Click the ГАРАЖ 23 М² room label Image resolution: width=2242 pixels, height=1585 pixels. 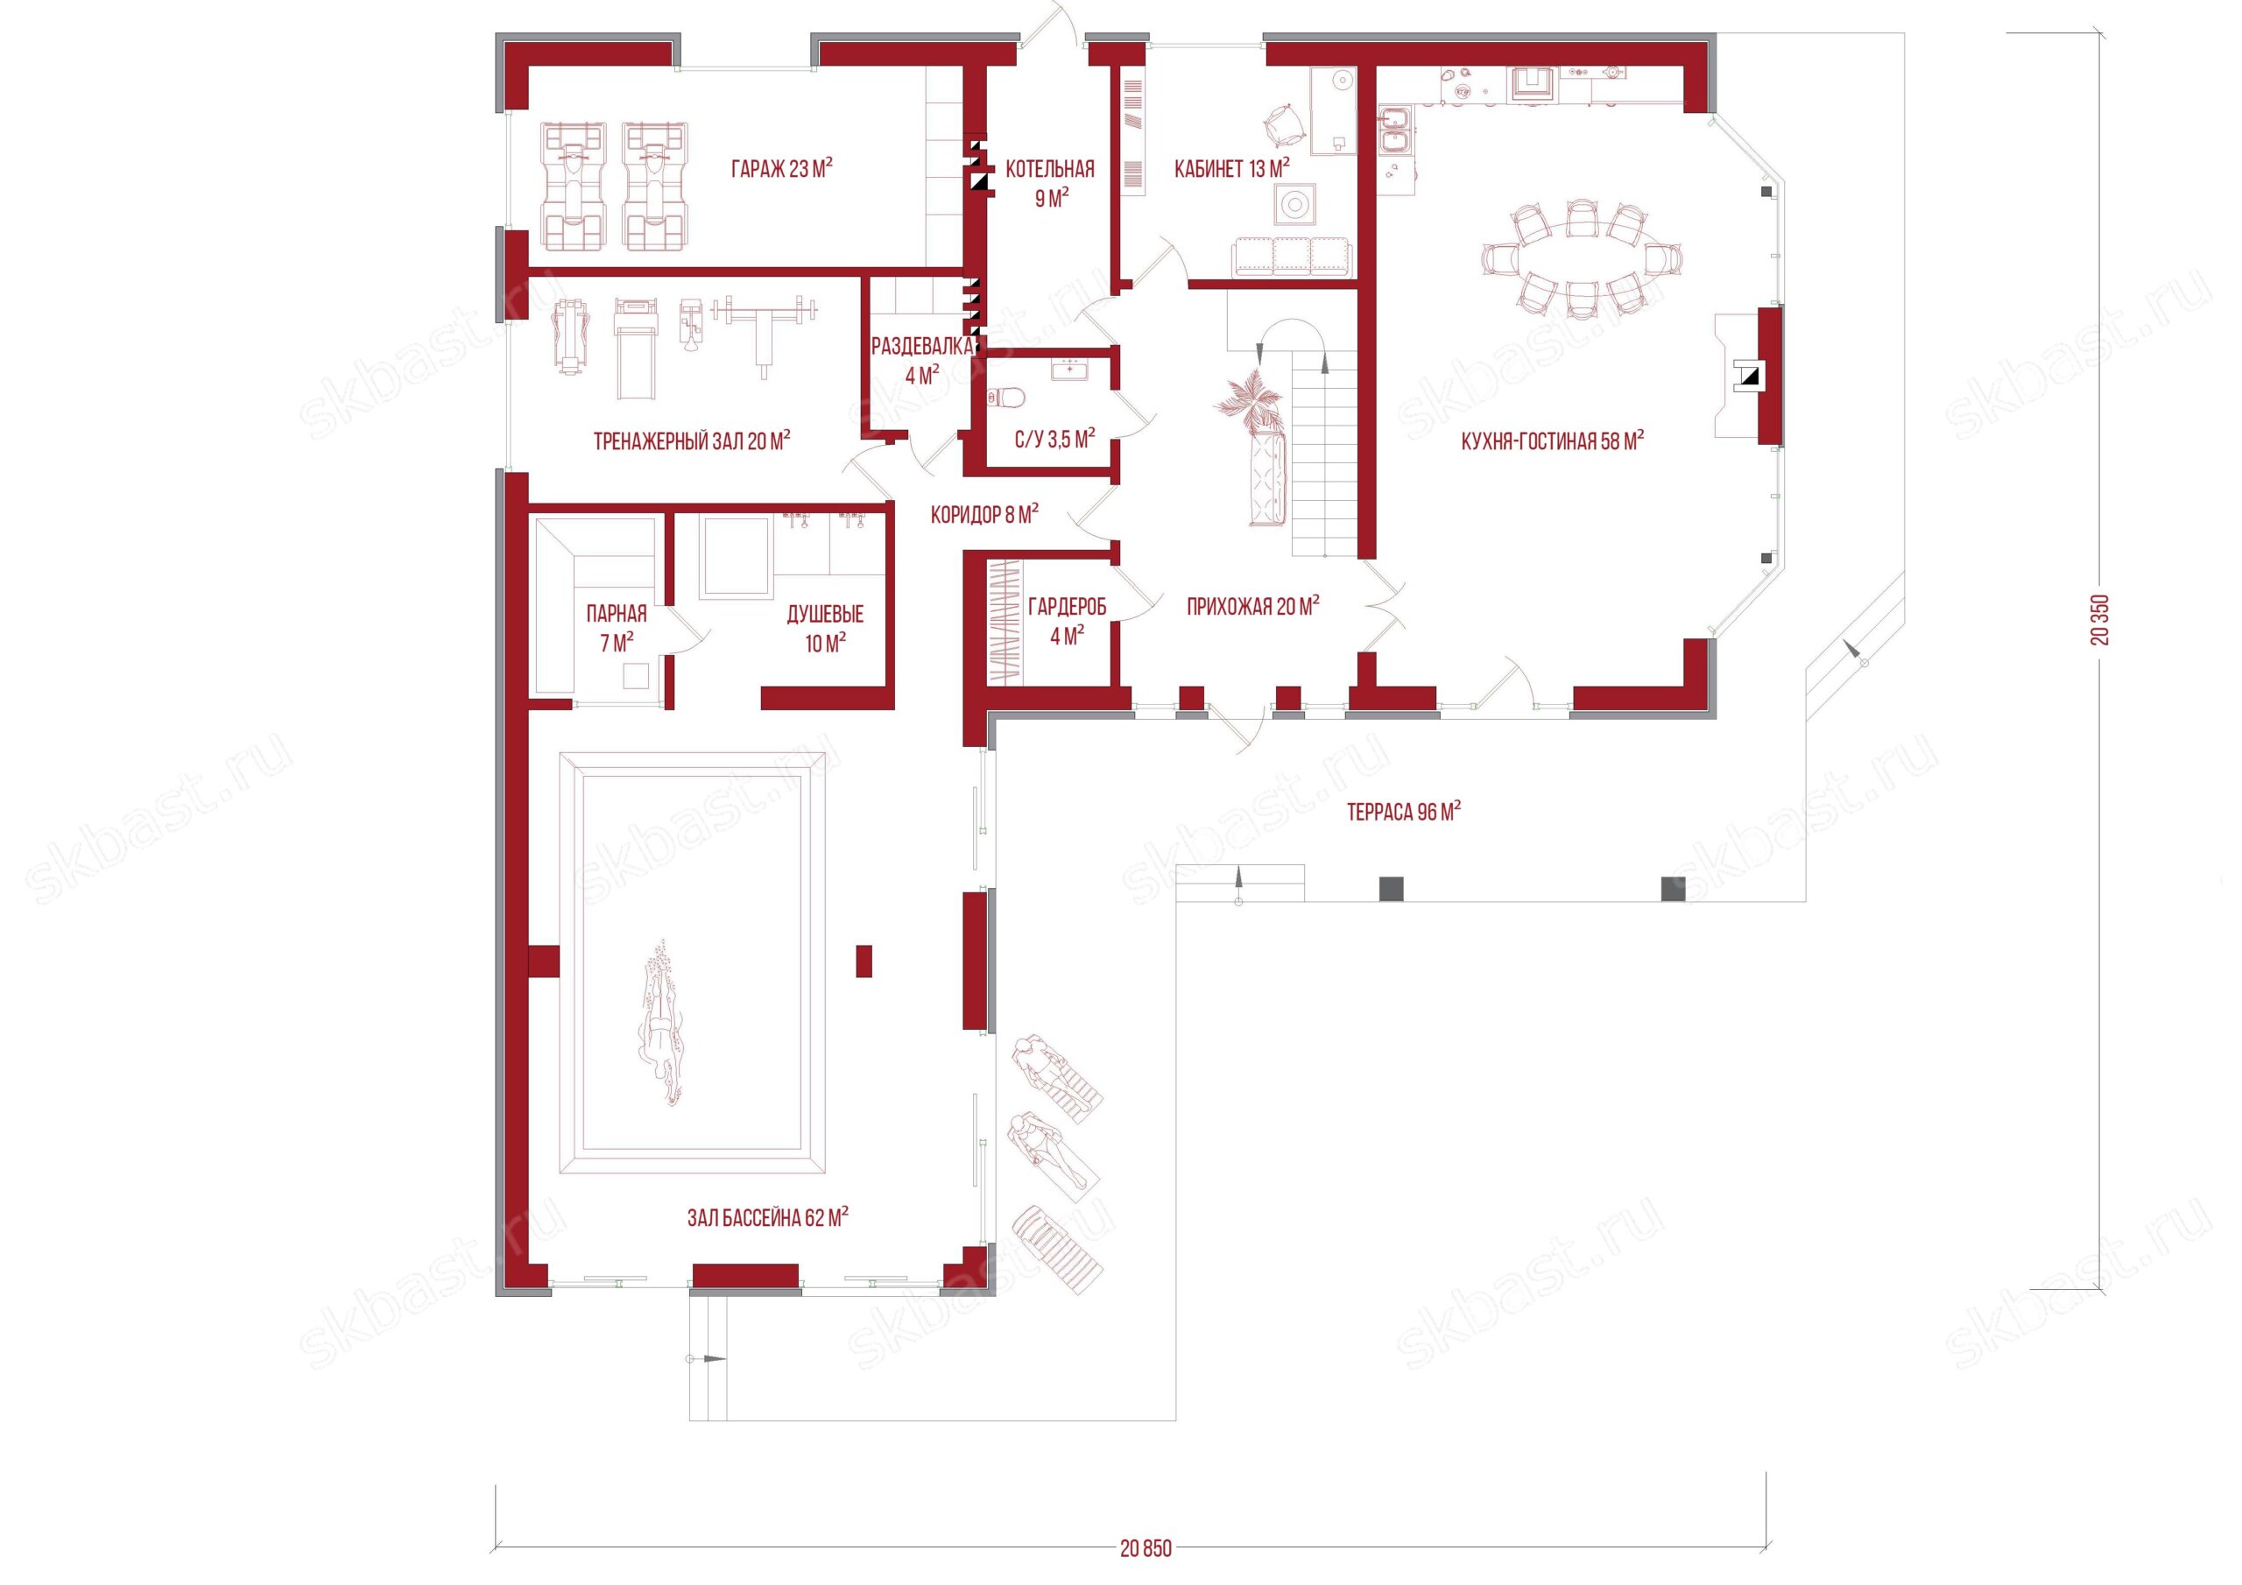[781, 169]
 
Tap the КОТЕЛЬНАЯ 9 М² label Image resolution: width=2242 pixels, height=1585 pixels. [1050, 184]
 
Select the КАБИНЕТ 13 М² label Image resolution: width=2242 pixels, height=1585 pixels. [1231, 169]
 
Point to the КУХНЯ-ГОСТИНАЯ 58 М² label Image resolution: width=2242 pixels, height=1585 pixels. [1552, 440]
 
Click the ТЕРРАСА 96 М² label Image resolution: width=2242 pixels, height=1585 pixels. [1403, 812]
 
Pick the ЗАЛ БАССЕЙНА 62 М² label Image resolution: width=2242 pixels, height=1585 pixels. [767, 1218]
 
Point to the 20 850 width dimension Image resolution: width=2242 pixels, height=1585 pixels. [1146, 1549]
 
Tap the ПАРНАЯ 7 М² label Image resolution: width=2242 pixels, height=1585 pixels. [617, 628]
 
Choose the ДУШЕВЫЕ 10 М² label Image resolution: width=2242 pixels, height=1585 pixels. [825, 628]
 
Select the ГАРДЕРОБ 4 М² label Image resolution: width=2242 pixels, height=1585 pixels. [1067, 621]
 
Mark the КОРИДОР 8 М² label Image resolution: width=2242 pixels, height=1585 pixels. [984, 514]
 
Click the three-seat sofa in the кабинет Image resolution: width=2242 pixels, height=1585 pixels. [1292, 256]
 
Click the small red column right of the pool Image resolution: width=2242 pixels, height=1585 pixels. [864, 960]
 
